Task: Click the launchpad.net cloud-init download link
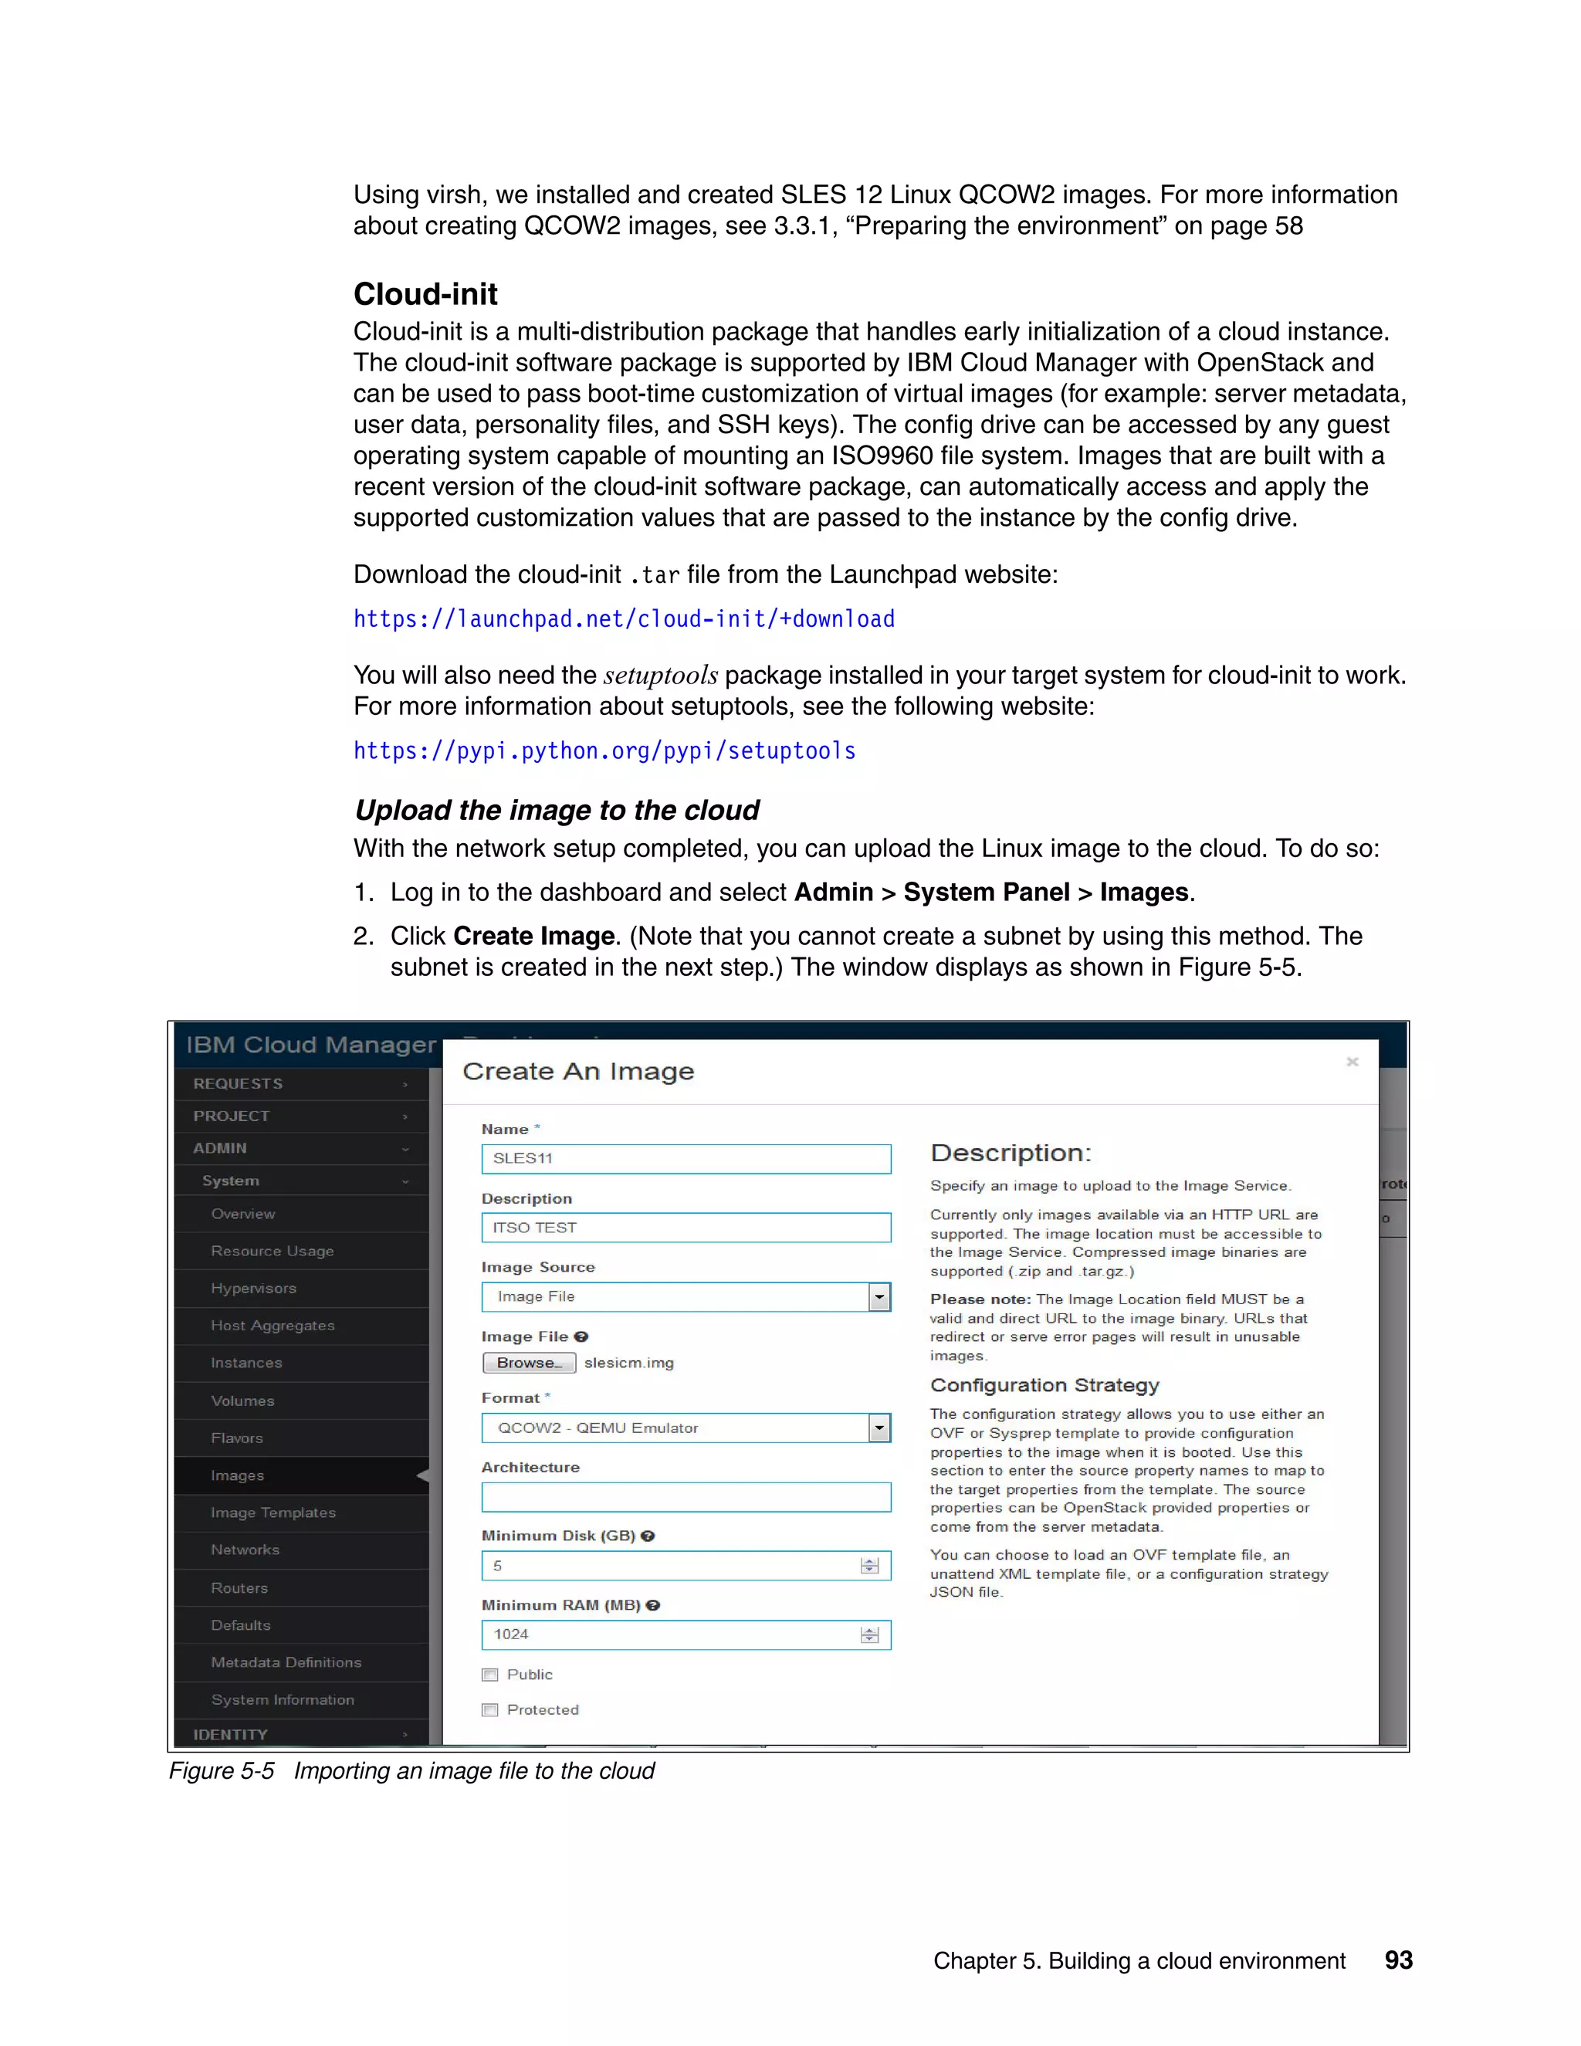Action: [624, 619]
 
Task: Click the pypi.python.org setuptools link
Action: [604, 751]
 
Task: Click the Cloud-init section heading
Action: [425, 294]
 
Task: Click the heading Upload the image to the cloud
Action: [557, 811]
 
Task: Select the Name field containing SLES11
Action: [686, 1159]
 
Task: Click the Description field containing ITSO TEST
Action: [686, 1228]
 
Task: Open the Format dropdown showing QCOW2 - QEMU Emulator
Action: [686, 1428]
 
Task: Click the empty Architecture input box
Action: [686, 1497]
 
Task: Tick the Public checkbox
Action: [490, 1675]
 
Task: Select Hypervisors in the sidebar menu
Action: [254, 1288]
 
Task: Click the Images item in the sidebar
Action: [238, 1475]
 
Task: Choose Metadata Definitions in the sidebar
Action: [286, 1662]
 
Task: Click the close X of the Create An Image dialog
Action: [1352, 1062]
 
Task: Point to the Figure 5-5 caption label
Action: [222, 1770]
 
